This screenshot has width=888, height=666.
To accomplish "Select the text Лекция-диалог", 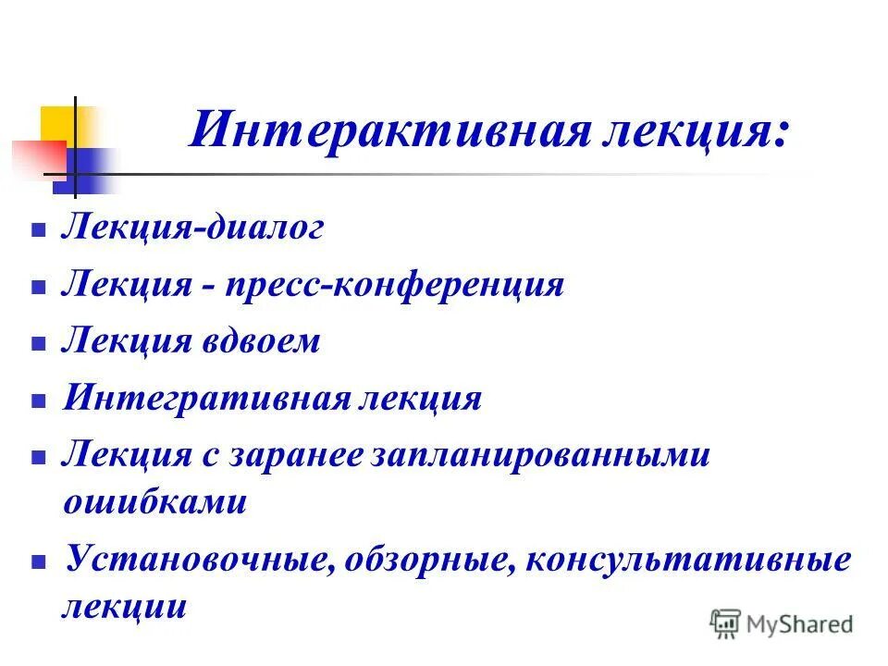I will pos(192,228).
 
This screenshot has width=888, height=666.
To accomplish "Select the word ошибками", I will pos(155,502).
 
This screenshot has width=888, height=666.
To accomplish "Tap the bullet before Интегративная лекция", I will pos(38,402).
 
